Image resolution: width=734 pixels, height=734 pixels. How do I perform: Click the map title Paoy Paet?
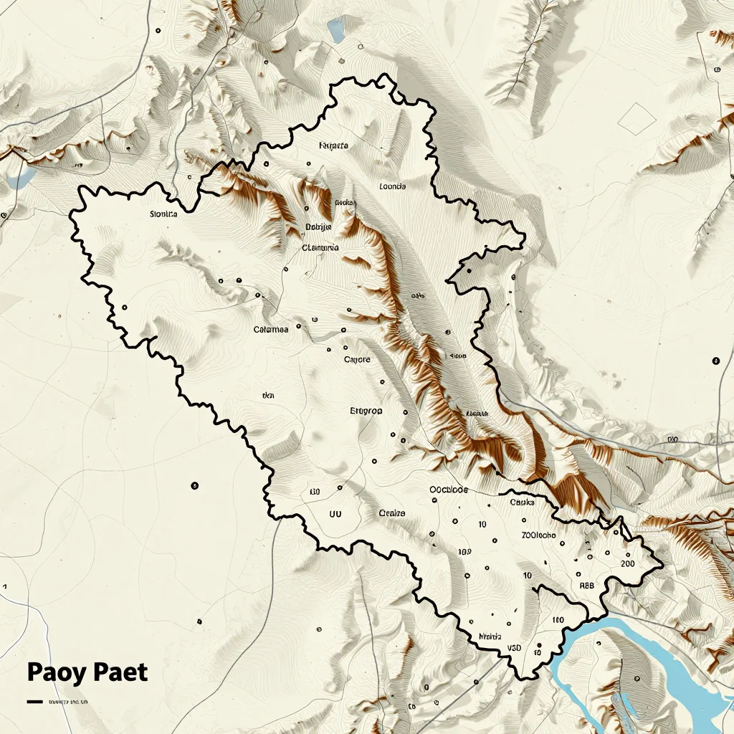pyautogui.click(x=87, y=673)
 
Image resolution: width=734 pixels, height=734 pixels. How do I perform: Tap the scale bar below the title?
pyautogui.click(x=34, y=702)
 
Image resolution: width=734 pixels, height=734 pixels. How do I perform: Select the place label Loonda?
pyautogui.click(x=392, y=186)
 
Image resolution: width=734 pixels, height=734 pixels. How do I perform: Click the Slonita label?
pyautogui.click(x=163, y=214)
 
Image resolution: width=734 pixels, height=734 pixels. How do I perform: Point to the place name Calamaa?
pyautogui.click(x=271, y=330)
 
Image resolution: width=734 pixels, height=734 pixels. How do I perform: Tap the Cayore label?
pyautogui.click(x=357, y=359)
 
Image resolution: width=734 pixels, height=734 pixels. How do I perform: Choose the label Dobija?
pyautogui.click(x=318, y=227)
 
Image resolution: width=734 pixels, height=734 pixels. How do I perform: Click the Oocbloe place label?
pyautogui.click(x=448, y=490)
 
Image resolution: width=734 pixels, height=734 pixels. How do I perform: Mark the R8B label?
pyautogui.click(x=586, y=586)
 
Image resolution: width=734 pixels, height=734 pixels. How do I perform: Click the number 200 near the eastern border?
pyautogui.click(x=626, y=563)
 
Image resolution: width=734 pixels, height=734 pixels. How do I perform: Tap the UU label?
pyautogui.click(x=335, y=513)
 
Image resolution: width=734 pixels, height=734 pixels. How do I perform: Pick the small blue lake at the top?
pyautogui.click(x=335, y=29)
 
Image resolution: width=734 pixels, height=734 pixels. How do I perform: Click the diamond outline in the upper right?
pyautogui.click(x=637, y=118)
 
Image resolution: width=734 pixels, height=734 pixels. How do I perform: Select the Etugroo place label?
pyautogui.click(x=366, y=411)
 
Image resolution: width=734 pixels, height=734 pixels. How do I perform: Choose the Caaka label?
pyautogui.click(x=522, y=502)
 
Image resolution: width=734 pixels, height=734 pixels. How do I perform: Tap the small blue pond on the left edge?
pyautogui.click(x=21, y=176)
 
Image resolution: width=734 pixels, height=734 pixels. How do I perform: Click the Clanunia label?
pyautogui.click(x=320, y=248)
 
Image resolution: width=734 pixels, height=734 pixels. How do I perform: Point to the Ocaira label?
pyautogui.click(x=391, y=513)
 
